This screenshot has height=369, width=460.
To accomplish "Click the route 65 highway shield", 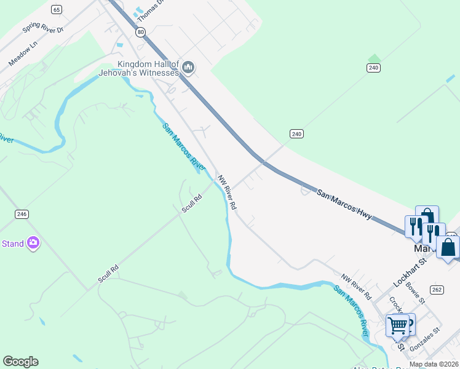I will click(57, 9).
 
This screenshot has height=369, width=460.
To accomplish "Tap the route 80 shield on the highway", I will click(141, 32).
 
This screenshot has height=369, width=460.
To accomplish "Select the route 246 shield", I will click(22, 214).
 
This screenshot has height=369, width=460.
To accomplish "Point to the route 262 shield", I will click(437, 289).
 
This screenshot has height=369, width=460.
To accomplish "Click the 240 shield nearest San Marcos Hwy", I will click(297, 133).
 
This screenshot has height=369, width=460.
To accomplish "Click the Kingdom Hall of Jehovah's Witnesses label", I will click(139, 68).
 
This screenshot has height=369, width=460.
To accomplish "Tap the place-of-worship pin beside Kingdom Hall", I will click(188, 67).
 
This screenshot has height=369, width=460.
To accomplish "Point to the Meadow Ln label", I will click(23, 54).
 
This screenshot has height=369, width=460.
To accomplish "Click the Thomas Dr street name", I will click(151, 9).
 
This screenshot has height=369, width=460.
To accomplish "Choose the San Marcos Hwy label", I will click(344, 202).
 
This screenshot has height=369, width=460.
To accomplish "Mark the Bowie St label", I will click(416, 293).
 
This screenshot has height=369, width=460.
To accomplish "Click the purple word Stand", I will click(12, 244).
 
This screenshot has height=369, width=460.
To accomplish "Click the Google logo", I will click(20, 362).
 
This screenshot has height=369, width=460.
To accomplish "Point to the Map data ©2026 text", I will click(434, 364).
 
